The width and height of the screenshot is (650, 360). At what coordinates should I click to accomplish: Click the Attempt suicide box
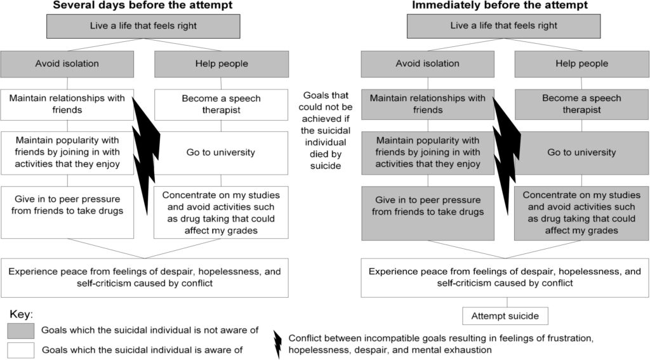pos(505,316)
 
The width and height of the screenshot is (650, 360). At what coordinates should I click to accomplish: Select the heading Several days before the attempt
pos(142,6)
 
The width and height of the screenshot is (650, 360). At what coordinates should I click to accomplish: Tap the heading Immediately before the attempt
pos(500,6)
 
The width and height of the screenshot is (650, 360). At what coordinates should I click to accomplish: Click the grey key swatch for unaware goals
pos(22,330)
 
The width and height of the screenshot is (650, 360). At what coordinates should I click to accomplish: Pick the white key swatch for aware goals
pos(22,350)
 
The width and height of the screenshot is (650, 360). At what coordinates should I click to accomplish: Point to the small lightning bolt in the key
pos(277,343)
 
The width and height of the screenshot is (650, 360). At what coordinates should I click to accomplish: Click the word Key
pos(21,315)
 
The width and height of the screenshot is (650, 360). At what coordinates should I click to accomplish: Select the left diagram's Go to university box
pos(221,152)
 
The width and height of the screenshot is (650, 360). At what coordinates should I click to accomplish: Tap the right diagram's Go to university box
pos(581,152)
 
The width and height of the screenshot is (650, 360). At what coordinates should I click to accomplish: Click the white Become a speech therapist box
pos(221,104)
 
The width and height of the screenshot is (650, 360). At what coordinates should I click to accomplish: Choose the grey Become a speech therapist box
pos(581,104)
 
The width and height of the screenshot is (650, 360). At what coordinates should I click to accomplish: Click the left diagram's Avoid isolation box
pos(67,63)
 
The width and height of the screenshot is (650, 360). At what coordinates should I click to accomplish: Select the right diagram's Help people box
pos(581,63)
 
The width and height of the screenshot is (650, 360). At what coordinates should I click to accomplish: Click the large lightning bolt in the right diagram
pos(507,152)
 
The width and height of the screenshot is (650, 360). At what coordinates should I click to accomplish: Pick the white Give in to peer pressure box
pos(67,205)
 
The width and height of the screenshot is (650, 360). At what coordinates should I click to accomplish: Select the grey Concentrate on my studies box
pos(581,213)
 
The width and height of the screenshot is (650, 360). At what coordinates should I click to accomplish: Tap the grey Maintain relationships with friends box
pos(428,104)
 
